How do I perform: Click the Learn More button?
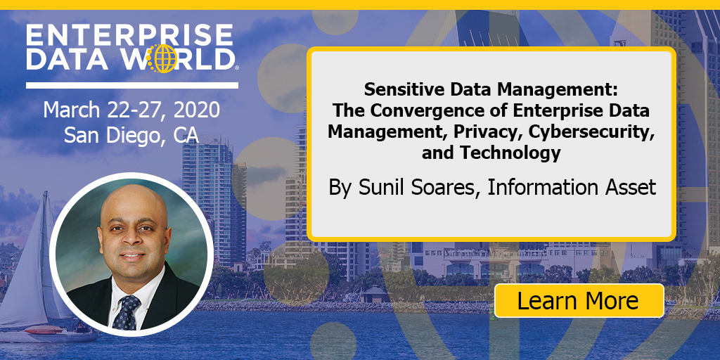pos(579,301)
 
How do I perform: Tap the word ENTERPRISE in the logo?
pos(129,34)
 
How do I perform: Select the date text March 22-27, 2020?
pos(131,110)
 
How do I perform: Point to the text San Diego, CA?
pos(131,134)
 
